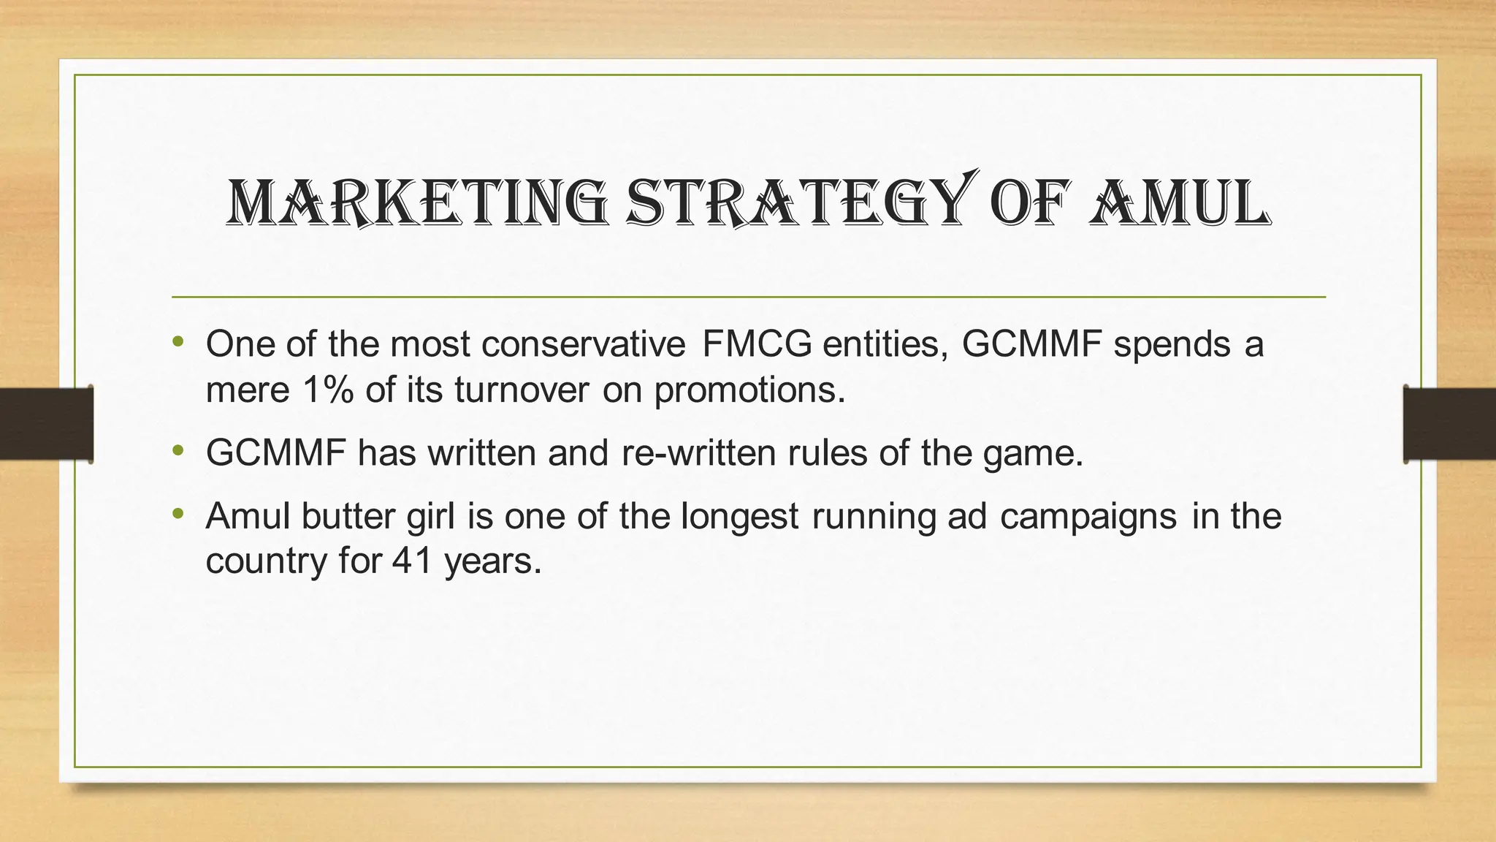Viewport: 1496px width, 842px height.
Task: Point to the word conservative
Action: (x=584, y=344)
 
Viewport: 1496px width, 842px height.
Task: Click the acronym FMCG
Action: (x=757, y=344)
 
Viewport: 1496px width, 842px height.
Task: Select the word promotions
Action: (x=749, y=390)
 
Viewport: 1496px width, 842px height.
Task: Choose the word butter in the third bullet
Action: (x=348, y=516)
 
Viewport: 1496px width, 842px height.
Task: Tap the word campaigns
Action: (x=1088, y=516)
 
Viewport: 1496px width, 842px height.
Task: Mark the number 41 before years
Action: (x=412, y=561)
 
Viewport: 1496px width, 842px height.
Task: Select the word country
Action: (x=267, y=561)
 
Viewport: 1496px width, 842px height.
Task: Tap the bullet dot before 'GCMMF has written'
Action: (x=178, y=450)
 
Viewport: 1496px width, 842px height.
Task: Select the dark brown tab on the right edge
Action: (x=1449, y=424)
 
